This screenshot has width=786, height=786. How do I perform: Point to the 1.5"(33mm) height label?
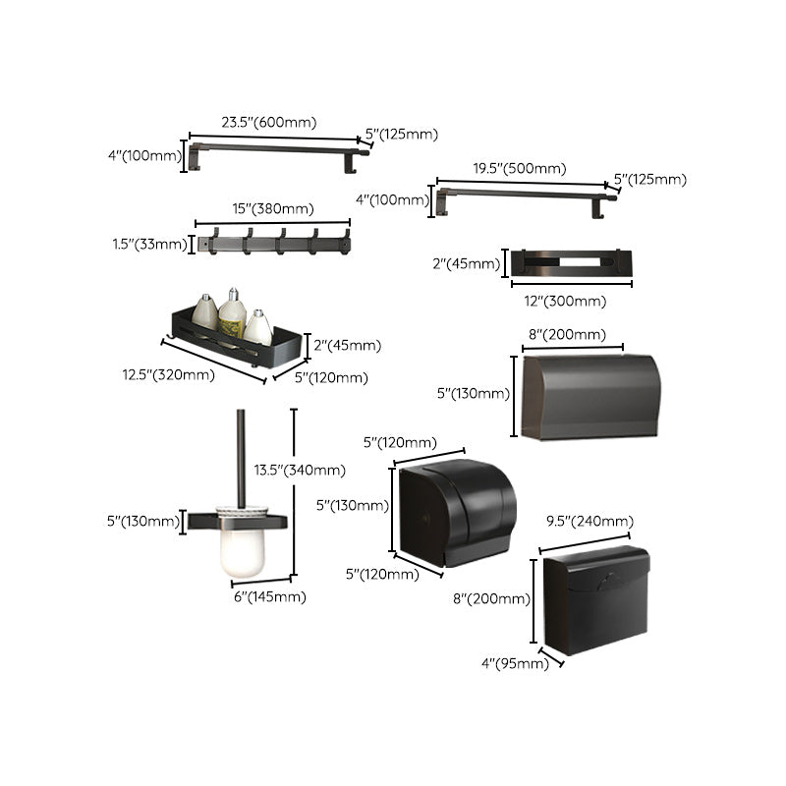(x=148, y=244)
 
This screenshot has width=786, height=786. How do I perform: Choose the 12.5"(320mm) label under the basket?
(x=168, y=374)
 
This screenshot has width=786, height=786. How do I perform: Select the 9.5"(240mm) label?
(x=589, y=520)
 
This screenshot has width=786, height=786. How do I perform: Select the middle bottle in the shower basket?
(x=232, y=313)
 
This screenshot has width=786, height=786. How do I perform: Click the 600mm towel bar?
(x=280, y=150)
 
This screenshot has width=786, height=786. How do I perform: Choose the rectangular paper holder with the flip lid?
(x=595, y=599)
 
